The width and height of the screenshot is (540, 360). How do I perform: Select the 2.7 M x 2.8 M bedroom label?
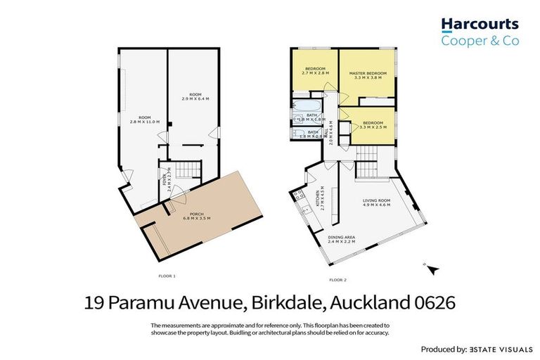pyautogui.click(x=315, y=71)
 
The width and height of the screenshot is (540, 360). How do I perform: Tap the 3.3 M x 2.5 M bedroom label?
pyautogui.click(x=371, y=124)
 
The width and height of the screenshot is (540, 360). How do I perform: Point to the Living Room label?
pyautogui.click(x=376, y=203)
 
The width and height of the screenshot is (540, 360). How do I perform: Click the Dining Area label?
pyautogui.click(x=341, y=240)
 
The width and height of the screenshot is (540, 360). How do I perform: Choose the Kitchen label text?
pyautogui.click(x=319, y=200)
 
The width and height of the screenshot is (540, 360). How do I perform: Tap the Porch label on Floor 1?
pyautogui.click(x=196, y=216)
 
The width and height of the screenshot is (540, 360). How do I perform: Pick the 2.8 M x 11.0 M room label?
pyautogui.click(x=144, y=120)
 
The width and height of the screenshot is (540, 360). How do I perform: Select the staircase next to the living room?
pyautogui.click(x=366, y=170)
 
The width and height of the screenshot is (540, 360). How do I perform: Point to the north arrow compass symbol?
pyautogui.click(x=432, y=268)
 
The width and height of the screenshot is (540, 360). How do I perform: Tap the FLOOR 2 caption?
pyautogui.click(x=338, y=280)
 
